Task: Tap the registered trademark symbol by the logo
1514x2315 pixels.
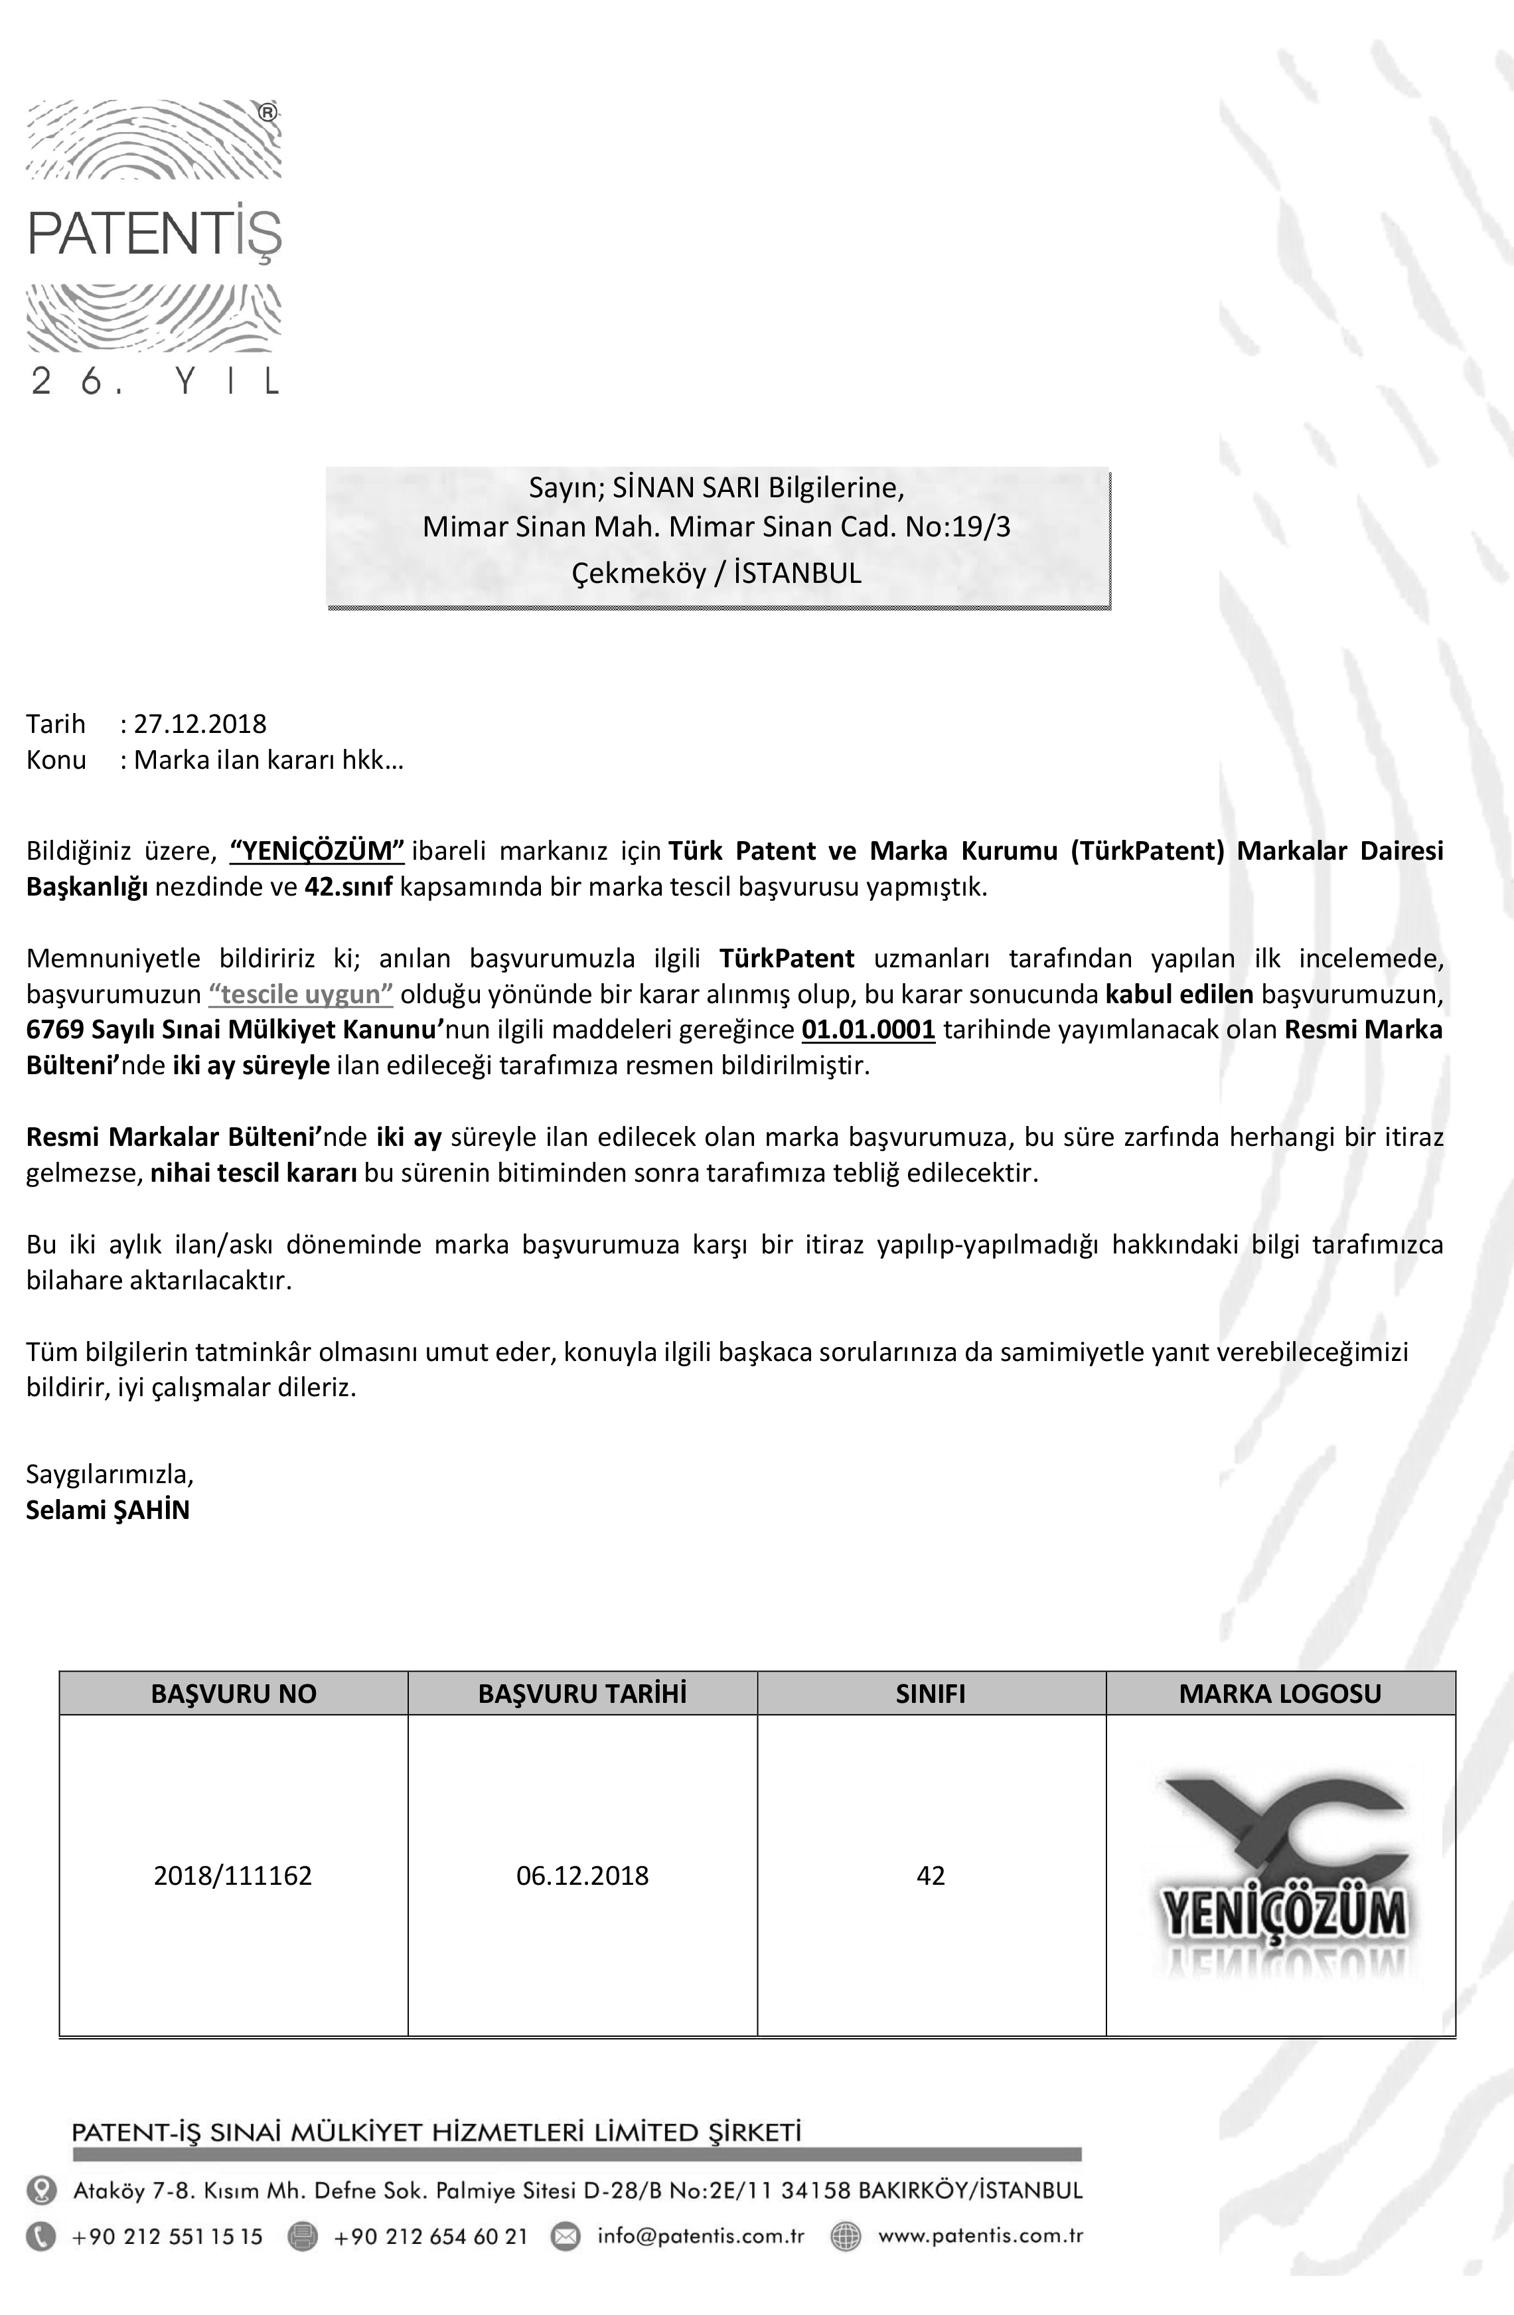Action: (x=268, y=112)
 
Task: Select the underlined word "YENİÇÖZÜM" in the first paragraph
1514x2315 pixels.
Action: (x=317, y=851)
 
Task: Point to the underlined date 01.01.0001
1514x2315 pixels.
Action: (x=868, y=1029)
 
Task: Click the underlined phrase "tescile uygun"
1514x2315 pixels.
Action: (x=301, y=994)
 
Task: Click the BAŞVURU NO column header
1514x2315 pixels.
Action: (x=234, y=1694)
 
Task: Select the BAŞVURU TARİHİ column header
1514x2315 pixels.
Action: (x=583, y=1694)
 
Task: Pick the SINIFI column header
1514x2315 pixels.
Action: (x=931, y=1694)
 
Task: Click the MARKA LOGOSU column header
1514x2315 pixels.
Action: (x=1280, y=1694)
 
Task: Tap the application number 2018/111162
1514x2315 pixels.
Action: (x=234, y=1876)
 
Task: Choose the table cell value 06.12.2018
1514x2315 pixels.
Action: (x=583, y=1876)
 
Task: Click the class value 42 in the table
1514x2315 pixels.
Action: (x=931, y=1876)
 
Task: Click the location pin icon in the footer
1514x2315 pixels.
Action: (x=41, y=2190)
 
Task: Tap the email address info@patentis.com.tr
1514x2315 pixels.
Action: (x=700, y=2235)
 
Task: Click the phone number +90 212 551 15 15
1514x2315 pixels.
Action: (x=167, y=2236)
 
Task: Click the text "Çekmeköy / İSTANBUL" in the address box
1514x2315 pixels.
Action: (x=717, y=573)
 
